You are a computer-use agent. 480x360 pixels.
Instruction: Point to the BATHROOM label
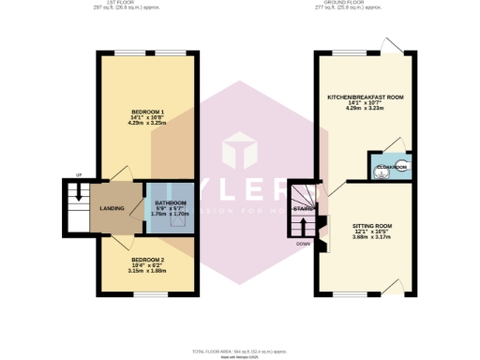click(x=171, y=202)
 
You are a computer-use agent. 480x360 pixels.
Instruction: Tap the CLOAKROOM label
click(x=391, y=167)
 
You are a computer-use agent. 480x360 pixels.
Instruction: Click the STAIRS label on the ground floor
click(x=303, y=208)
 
